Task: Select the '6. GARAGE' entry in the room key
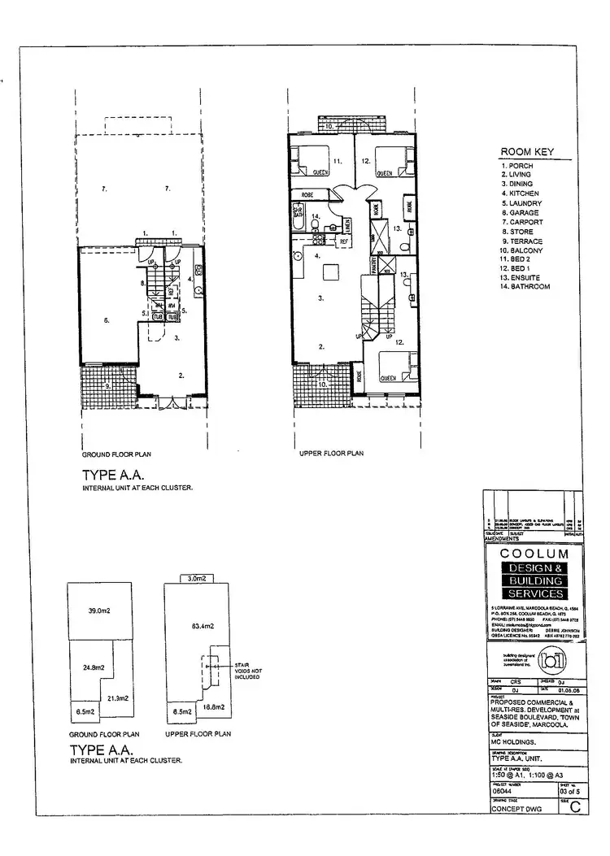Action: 521,212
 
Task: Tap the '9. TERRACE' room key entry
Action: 521,241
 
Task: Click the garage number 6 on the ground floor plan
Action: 106,320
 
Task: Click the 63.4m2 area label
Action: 202,626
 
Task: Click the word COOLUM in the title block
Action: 532,554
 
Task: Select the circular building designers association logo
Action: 566,659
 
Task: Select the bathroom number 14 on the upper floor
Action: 315,215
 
